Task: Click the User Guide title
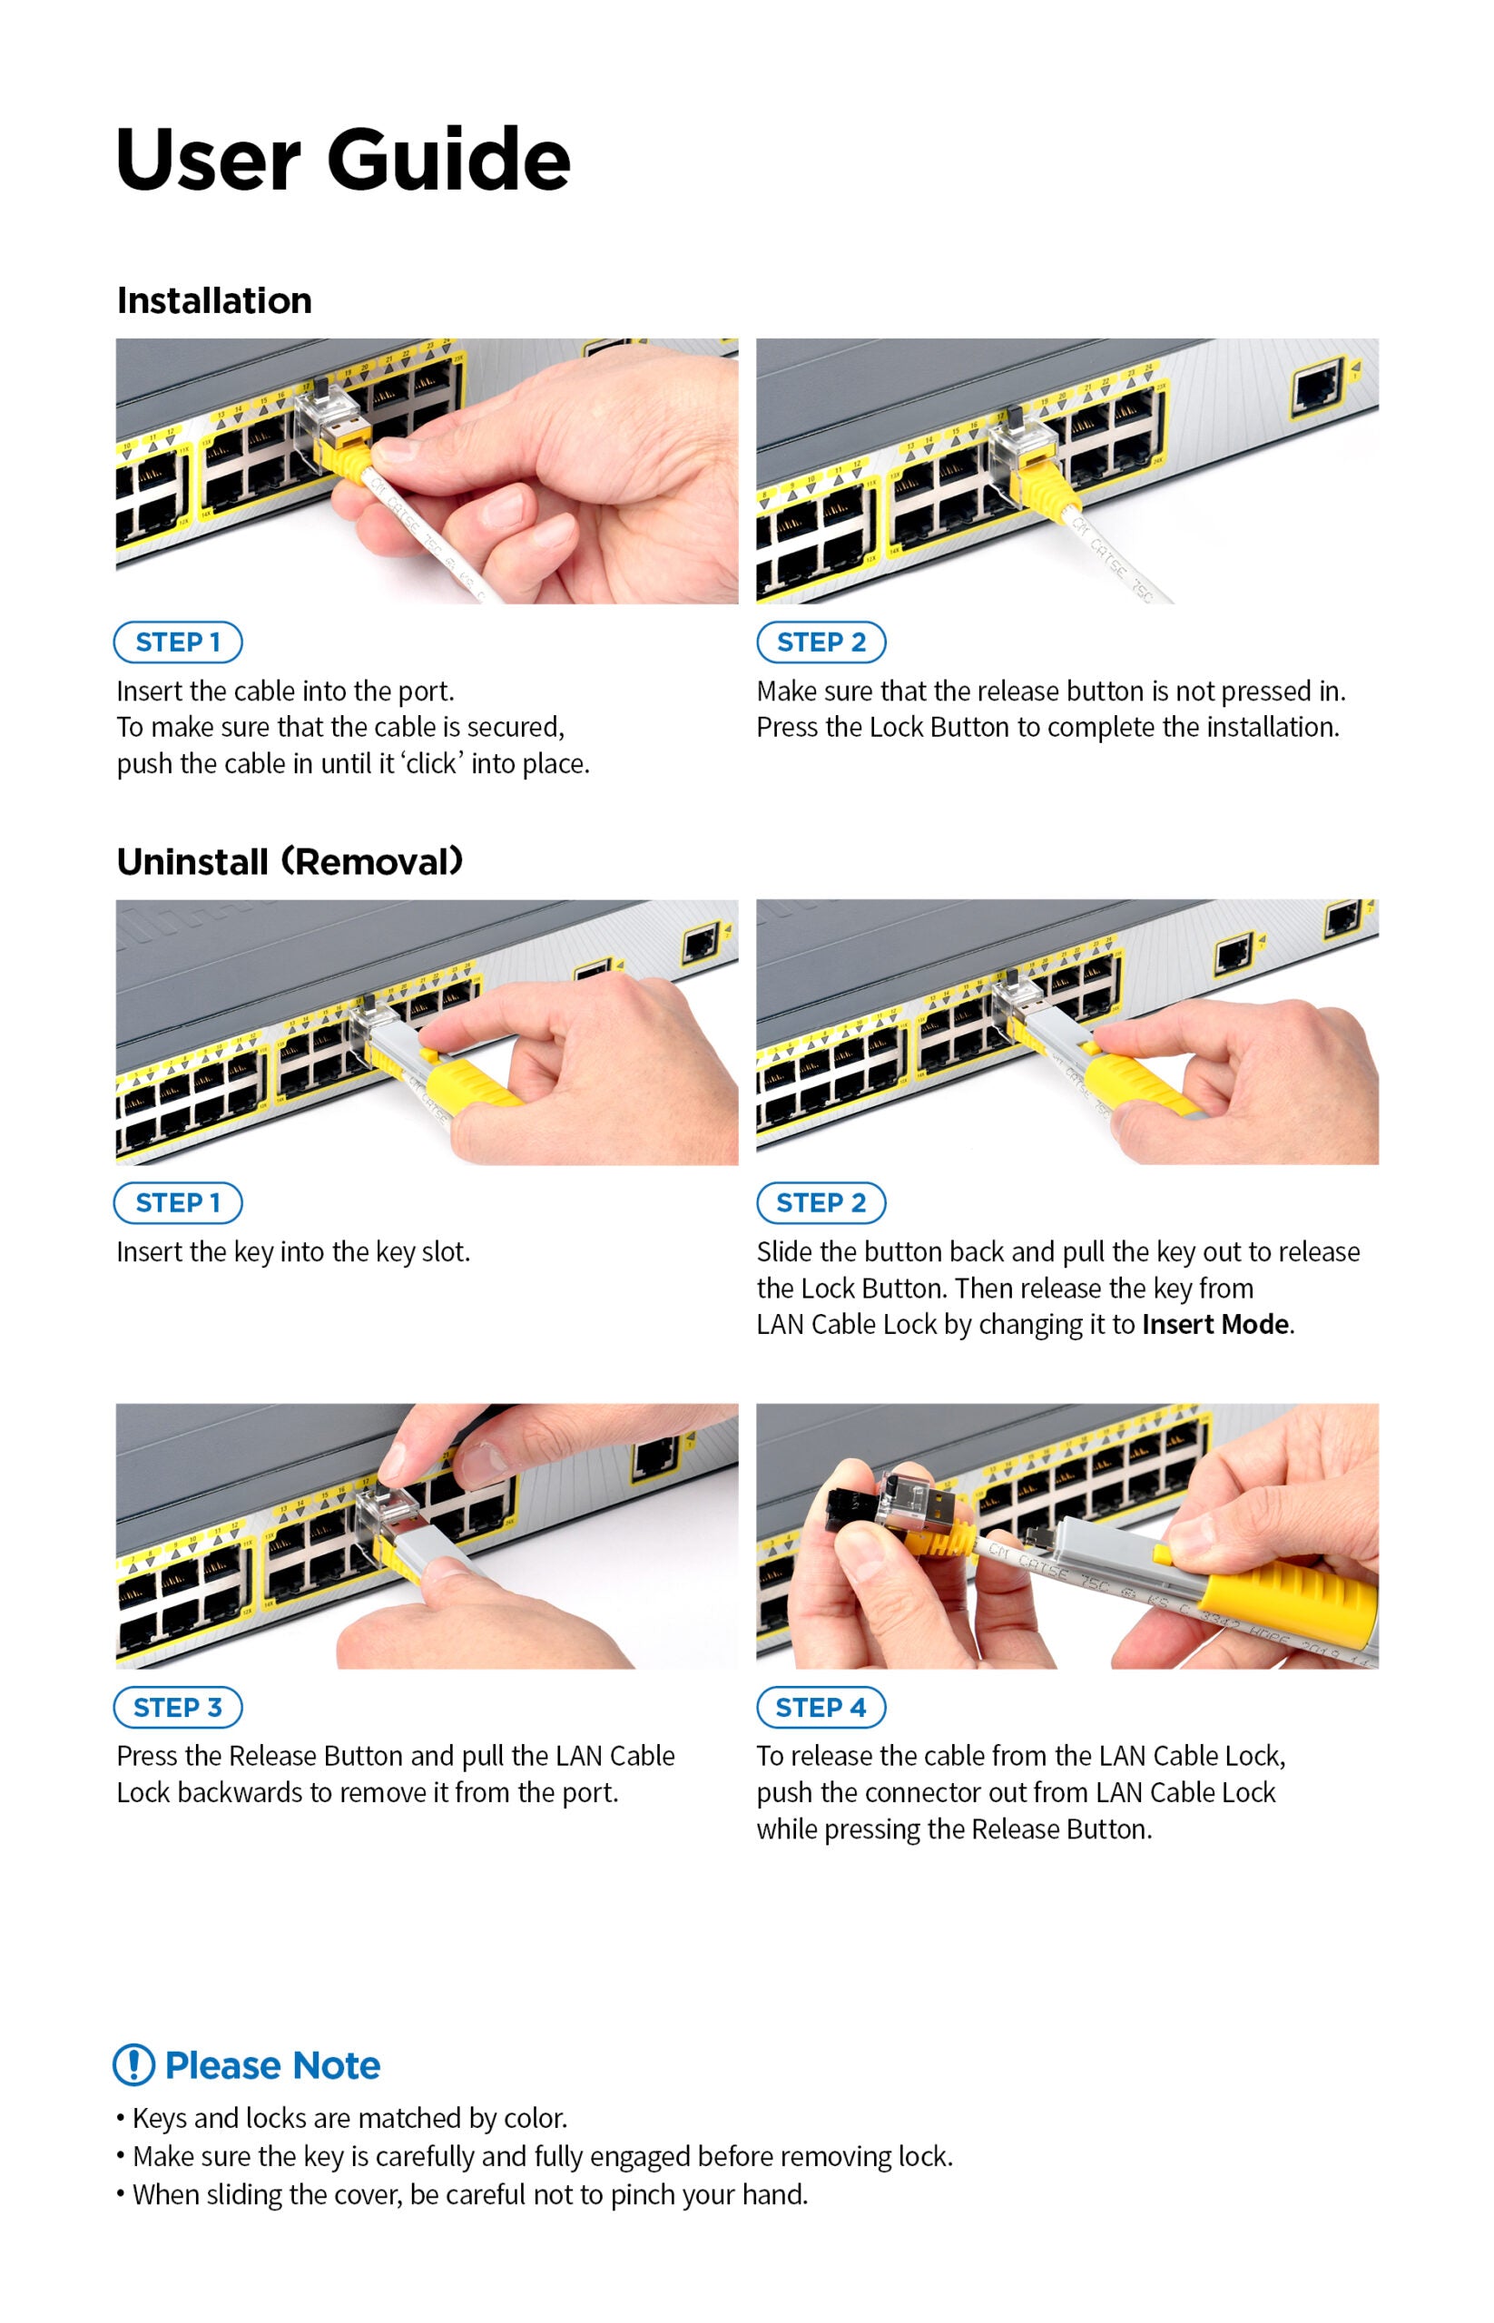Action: coord(342,159)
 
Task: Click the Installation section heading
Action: coord(214,300)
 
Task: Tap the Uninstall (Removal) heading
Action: coord(290,861)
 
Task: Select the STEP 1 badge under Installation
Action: coord(178,642)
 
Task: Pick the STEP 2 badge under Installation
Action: coord(821,642)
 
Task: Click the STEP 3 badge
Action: coord(178,1707)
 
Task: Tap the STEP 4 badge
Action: coord(821,1707)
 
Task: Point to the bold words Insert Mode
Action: coord(1215,1324)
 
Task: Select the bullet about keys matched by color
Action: coord(341,2117)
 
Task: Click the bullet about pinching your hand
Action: coord(462,2194)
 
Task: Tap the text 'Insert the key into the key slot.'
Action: coord(293,1251)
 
